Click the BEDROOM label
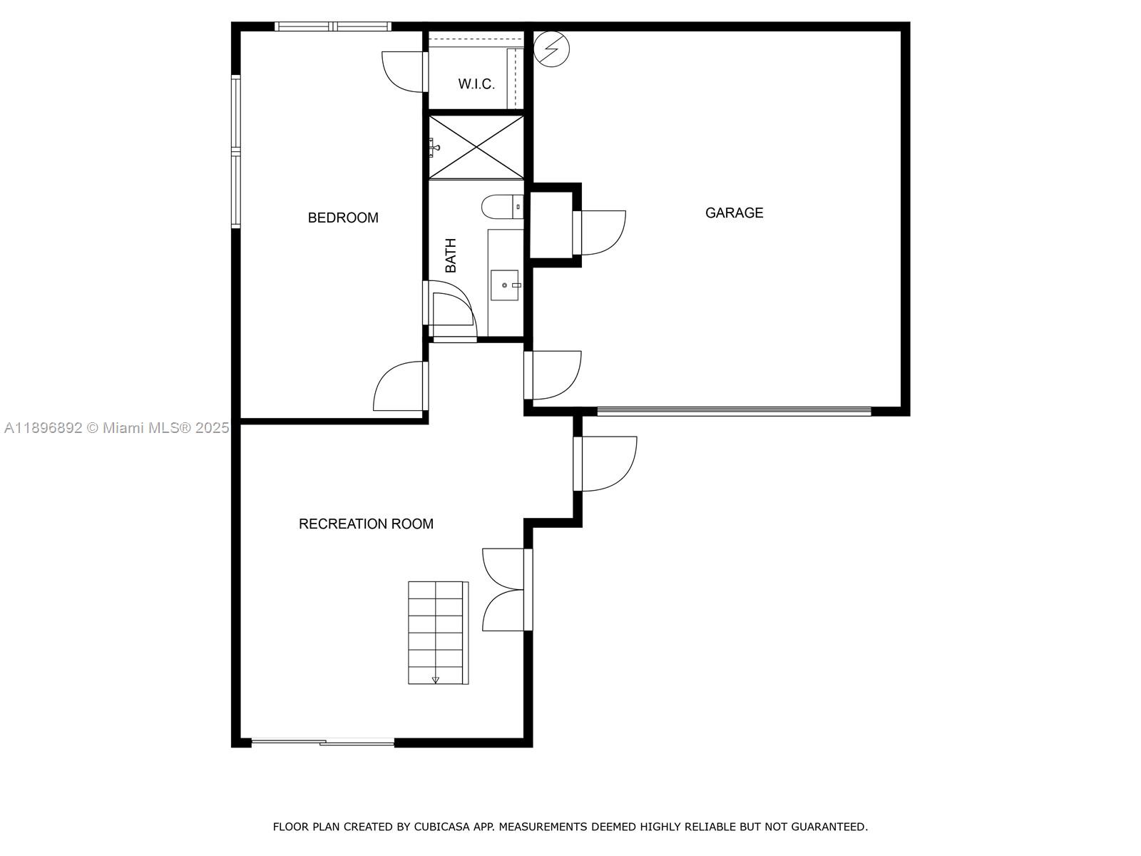(343, 218)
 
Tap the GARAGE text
(734, 213)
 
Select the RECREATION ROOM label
(366, 524)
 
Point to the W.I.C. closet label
(476, 84)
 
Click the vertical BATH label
(451, 255)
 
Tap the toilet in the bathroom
(501, 207)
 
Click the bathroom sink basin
(506, 285)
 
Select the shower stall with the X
(476, 148)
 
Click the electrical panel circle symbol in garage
(552, 49)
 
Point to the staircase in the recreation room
(437, 632)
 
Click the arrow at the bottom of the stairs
(436, 680)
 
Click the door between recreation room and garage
(554, 375)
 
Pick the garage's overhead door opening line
(734, 411)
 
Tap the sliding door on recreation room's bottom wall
(322, 743)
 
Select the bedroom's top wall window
(333, 27)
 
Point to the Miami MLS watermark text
(116, 428)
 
